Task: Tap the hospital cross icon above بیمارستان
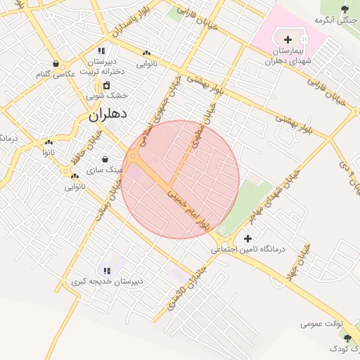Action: tap(288, 39)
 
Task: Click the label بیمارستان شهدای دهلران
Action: tap(288, 56)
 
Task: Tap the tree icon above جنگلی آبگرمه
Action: tap(345, 9)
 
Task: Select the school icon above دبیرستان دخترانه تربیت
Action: tap(102, 51)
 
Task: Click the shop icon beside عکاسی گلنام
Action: tap(55, 63)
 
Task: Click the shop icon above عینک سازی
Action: tap(105, 159)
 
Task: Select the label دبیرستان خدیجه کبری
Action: tap(107, 281)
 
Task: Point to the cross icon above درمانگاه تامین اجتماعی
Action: tap(247, 238)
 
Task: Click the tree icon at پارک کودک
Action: tap(347, 339)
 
